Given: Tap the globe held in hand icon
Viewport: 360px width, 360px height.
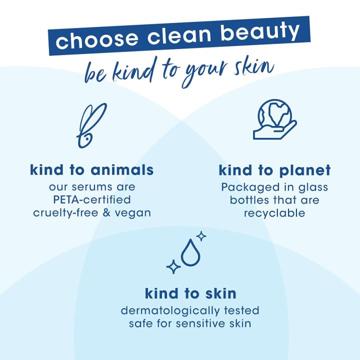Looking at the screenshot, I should [274, 120].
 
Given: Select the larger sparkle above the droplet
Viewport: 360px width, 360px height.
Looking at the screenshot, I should [201, 235].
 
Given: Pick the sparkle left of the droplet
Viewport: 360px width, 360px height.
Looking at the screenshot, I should [173, 266].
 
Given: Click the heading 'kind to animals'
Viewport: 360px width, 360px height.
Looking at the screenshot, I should [91, 170].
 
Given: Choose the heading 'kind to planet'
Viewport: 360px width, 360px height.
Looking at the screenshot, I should [274, 170].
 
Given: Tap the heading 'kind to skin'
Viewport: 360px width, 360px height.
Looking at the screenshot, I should [190, 292].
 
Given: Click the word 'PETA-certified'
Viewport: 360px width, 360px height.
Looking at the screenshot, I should [91, 200].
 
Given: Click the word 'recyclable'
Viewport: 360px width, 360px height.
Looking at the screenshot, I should [274, 213].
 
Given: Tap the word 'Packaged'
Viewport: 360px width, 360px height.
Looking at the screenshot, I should [246, 187].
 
